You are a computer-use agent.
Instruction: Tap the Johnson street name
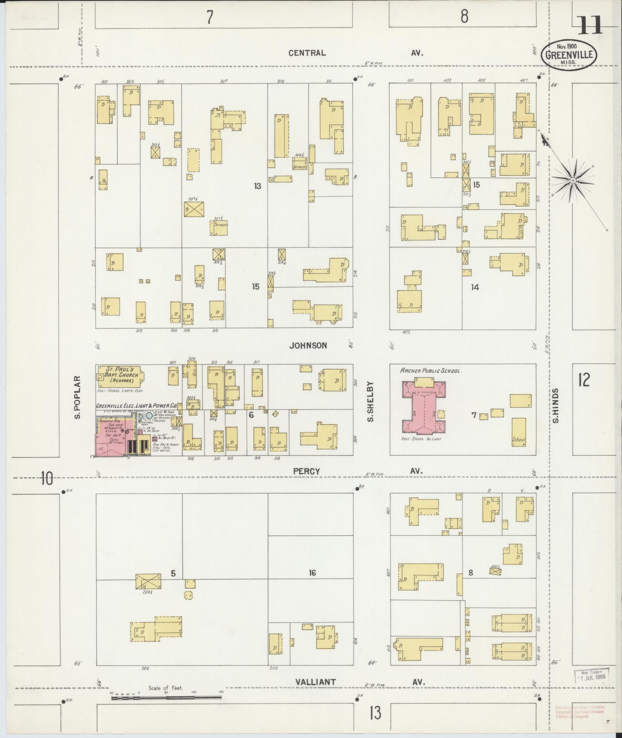click(x=308, y=346)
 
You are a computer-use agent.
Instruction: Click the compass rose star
click(x=573, y=180)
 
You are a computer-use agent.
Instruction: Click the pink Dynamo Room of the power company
click(x=112, y=436)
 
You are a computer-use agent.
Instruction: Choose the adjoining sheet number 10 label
click(x=47, y=479)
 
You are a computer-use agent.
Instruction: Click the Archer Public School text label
click(x=430, y=371)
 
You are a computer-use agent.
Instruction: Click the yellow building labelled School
click(x=519, y=432)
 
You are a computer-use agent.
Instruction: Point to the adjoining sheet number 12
click(x=584, y=380)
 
